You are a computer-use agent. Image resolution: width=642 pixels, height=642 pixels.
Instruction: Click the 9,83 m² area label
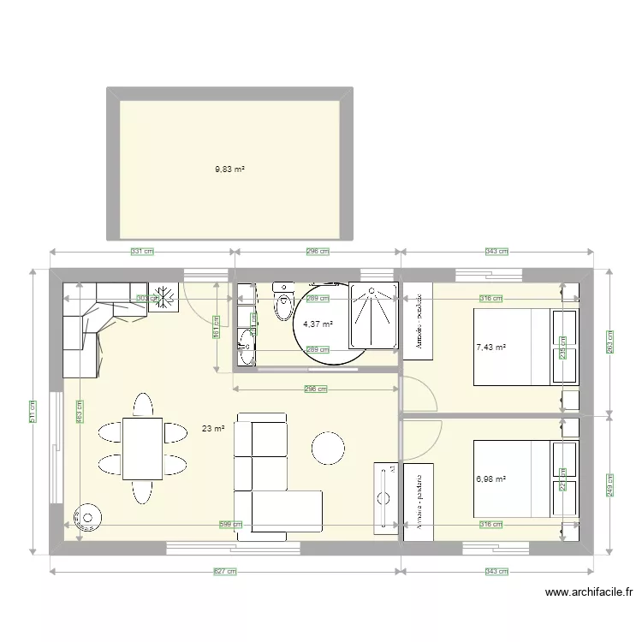coord(229,169)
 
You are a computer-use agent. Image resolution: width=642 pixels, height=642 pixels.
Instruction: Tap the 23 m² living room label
coord(212,429)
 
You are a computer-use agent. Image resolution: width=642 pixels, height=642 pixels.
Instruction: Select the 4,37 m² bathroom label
coord(318,324)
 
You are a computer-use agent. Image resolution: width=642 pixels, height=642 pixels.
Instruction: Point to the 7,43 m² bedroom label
coord(490,348)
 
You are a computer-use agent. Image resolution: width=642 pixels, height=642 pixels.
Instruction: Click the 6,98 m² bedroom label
coord(490,480)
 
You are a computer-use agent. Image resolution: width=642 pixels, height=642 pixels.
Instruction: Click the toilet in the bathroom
coord(282,302)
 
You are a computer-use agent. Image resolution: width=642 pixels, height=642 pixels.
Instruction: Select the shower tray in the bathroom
coord(373,315)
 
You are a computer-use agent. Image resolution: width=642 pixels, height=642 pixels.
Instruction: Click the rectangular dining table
coord(142,448)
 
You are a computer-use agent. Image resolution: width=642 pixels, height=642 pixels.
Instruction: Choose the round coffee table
coord(329,448)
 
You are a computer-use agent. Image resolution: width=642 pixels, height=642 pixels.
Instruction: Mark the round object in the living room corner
coord(88,516)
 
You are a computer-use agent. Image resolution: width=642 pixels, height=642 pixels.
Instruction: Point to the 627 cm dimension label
coord(225,572)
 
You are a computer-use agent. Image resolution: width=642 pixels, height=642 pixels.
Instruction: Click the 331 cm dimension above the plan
coord(142,252)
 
